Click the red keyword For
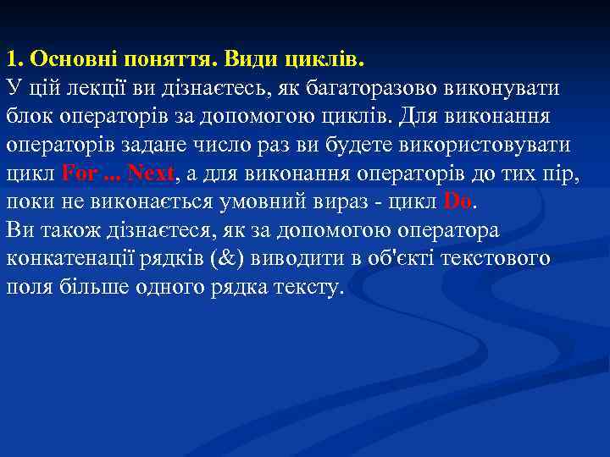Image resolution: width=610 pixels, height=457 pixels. (80, 174)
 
